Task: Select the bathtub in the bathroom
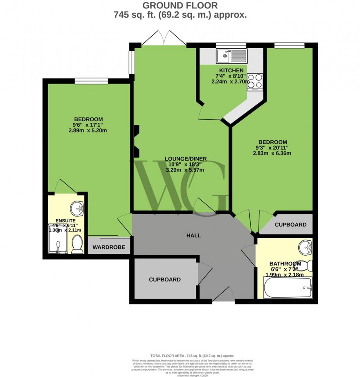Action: coord(288,288)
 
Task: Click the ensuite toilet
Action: coord(78,244)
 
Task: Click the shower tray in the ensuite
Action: coord(58,239)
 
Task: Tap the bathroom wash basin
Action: coord(305,247)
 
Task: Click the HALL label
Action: coord(194,236)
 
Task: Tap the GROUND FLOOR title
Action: coord(180,6)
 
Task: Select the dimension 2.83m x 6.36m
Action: coord(272,154)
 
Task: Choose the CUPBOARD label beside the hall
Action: coord(165,280)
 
